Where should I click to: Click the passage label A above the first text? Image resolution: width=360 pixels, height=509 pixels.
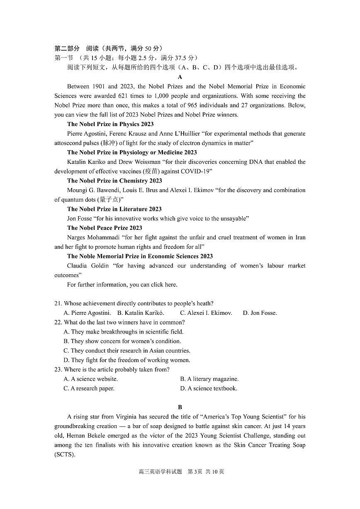pyautogui.click(x=180, y=77)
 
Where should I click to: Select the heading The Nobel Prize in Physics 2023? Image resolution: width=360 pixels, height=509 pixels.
pyautogui.click(x=110, y=124)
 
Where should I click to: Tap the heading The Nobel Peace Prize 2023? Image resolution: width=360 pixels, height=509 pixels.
pyautogui.click(x=105, y=228)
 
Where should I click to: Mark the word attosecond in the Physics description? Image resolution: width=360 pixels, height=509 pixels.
pyautogui.click(x=69, y=143)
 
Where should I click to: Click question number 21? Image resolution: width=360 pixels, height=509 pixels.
pyautogui.click(x=58, y=304)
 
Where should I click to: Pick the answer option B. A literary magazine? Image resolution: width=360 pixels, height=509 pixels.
pyautogui.click(x=209, y=379)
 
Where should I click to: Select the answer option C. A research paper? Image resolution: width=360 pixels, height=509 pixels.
pyautogui.click(x=89, y=388)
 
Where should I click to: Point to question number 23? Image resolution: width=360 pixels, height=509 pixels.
pyautogui.click(x=58, y=369)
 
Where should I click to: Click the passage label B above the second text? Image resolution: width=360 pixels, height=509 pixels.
pyautogui.click(x=180, y=407)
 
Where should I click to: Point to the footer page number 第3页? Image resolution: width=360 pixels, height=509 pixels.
pyautogui.click(x=195, y=472)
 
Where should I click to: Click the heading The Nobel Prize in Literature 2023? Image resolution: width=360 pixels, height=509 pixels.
pyautogui.click(x=114, y=209)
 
